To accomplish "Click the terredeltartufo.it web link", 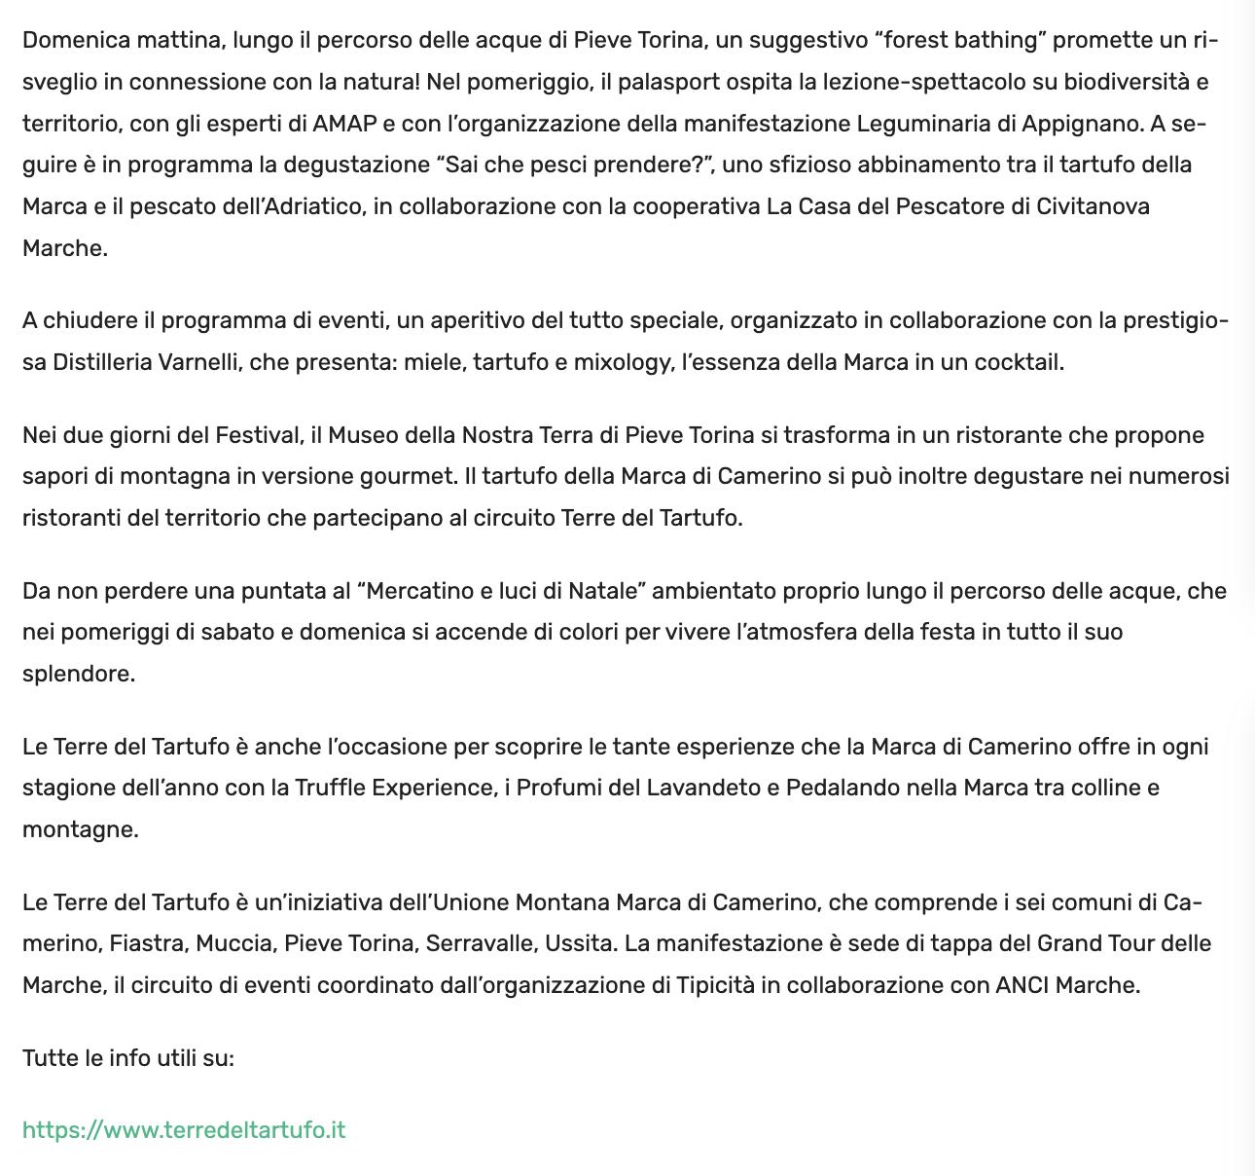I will (184, 1130).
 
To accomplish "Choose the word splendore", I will (78, 674).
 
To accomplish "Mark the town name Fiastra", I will (147, 943).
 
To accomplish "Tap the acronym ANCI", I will (1022, 984).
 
